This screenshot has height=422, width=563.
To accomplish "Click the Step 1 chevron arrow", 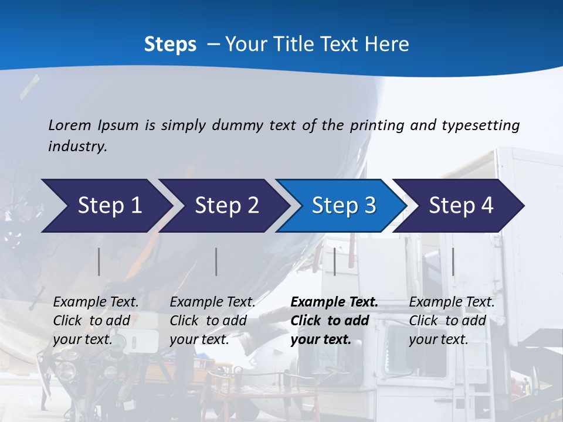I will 108,206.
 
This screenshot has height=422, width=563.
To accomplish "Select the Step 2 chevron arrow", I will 226,206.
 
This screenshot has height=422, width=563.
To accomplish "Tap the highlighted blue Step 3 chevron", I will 343,206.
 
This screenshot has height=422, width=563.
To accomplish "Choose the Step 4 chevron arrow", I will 460,206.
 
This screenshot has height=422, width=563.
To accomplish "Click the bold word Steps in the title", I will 170,45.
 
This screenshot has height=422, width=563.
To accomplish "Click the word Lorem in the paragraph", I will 70,125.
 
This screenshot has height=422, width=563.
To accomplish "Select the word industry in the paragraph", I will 77,147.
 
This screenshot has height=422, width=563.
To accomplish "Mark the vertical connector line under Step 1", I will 99,261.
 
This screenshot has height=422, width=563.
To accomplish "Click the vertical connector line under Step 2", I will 216,261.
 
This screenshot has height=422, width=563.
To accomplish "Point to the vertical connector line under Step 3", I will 334,261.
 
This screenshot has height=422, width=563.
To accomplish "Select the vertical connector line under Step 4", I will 453,261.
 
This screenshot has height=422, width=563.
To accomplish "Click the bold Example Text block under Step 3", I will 334,321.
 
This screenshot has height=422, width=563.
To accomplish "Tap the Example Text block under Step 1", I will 96,321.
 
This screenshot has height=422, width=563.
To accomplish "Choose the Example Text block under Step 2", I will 212,321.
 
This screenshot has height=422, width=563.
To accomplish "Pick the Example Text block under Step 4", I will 452,321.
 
